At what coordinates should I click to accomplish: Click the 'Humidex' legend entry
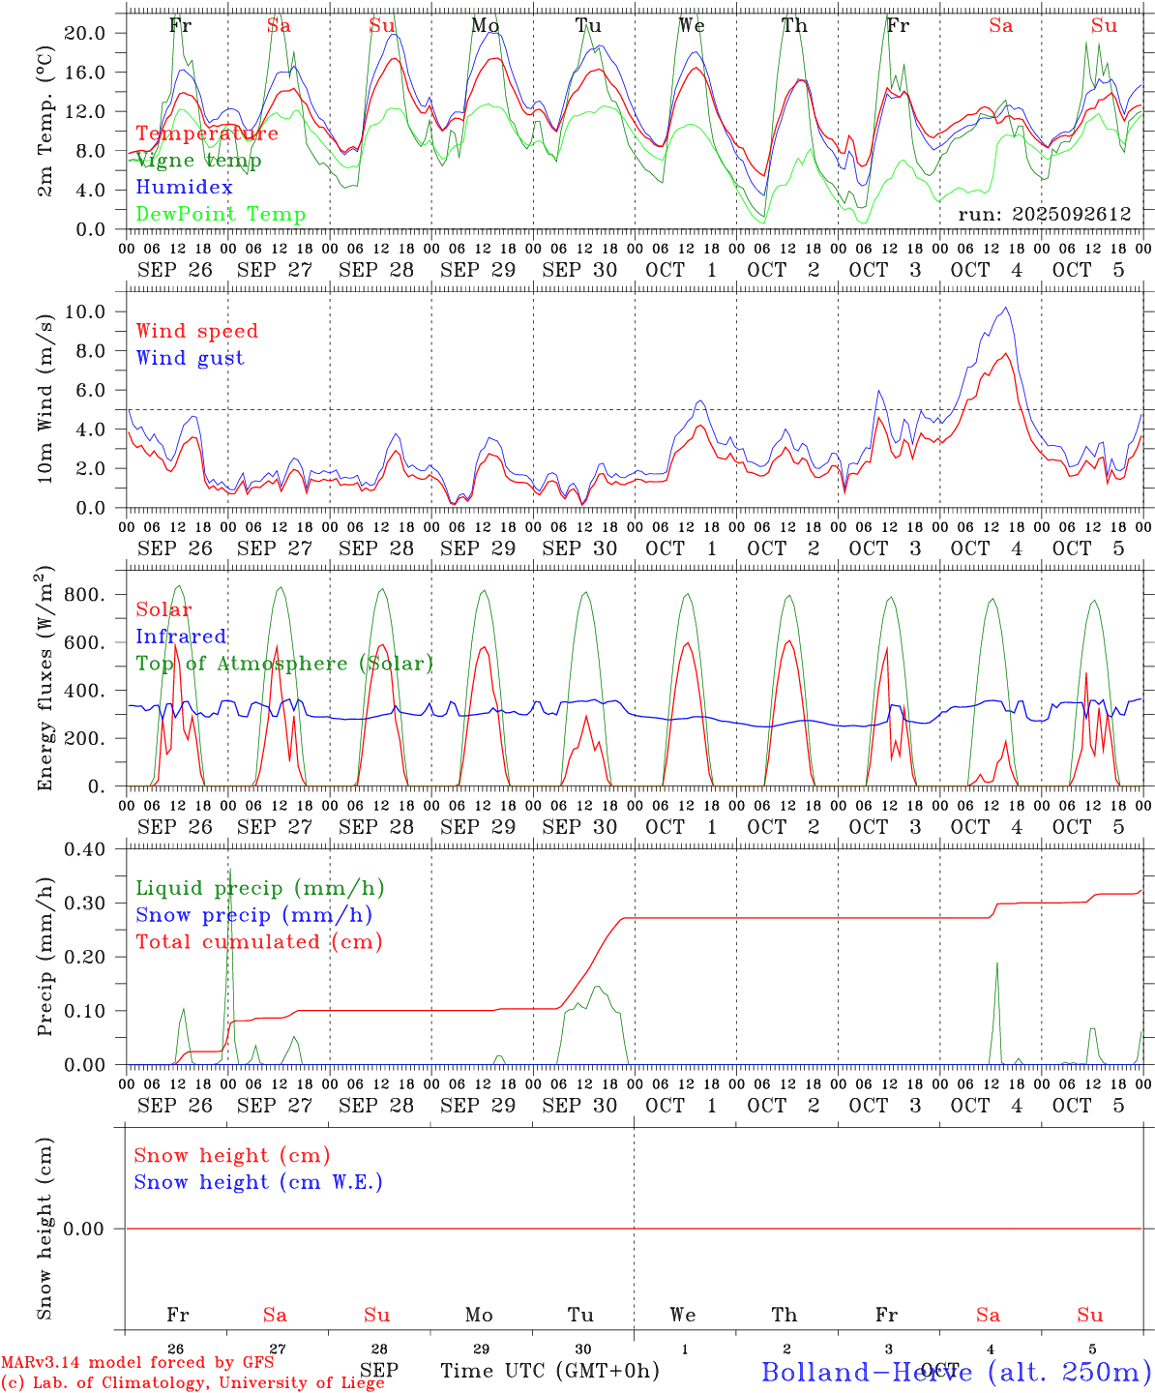(184, 188)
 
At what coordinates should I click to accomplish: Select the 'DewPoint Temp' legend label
(221, 215)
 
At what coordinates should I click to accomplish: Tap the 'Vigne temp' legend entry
(198, 161)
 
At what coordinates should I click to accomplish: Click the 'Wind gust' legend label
(190, 358)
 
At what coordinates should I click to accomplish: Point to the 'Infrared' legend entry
(181, 637)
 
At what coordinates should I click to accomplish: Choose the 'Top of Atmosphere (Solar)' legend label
(284, 664)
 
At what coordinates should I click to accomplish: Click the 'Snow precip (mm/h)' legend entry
(253, 915)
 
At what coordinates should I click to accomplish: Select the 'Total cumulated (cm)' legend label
(258, 942)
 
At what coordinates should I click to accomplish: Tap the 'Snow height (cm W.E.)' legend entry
(258, 1182)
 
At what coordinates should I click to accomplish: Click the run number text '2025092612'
(1075, 215)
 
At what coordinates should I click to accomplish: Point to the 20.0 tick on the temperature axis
(85, 33)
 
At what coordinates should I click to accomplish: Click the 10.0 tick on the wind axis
(85, 311)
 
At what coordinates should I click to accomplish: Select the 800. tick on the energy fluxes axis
(83, 594)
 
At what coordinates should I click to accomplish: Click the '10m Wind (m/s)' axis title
(45, 397)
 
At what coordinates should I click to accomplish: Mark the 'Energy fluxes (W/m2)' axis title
(45, 679)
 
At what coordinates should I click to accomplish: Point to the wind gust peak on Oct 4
(1006, 308)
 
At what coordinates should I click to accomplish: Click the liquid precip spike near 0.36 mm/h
(229, 869)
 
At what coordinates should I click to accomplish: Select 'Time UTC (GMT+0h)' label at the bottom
(549, 1371)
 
